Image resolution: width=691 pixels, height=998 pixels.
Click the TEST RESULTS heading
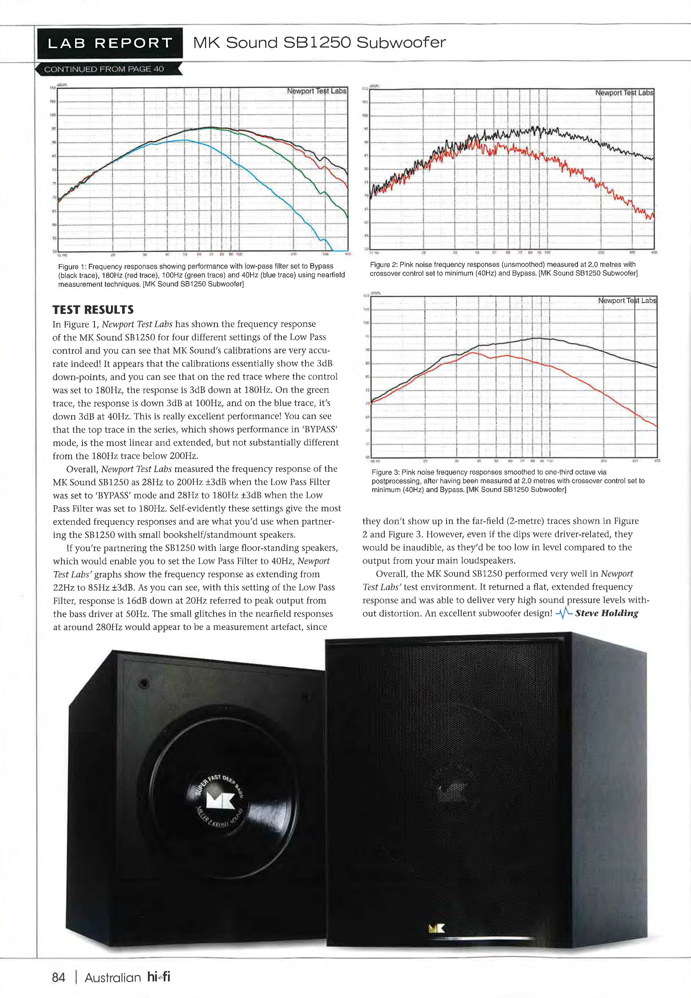[x=93, y=310]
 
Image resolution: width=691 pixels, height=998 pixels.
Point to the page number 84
[x=58, y=978]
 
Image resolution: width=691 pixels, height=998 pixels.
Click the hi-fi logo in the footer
[x=159, y=977]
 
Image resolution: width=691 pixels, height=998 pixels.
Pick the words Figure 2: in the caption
[x=384, y=265]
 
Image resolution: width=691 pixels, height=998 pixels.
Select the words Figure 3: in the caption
[x=385, y=472]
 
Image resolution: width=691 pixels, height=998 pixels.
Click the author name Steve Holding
[x=607, y=613]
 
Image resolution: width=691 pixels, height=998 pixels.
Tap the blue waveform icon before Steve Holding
[x=564, y=613]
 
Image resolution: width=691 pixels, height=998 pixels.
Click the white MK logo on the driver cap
[x=221, y=801]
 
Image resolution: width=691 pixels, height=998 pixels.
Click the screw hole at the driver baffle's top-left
[x=144, y=683]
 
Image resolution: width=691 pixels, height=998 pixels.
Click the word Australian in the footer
[x=113, y=978]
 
